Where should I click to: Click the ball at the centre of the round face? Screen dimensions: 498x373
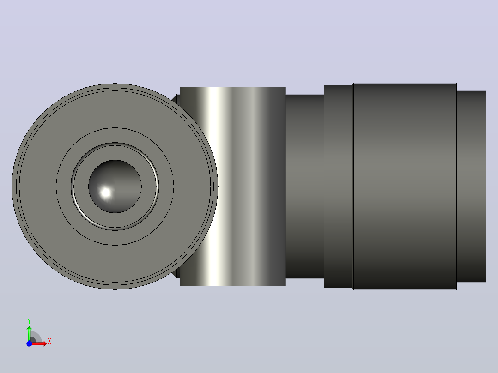point(115,186)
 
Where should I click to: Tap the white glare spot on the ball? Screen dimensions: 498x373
point(105,193)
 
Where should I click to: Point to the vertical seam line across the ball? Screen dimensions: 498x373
point(115,186)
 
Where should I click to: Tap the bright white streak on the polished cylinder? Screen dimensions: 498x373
point(215,186)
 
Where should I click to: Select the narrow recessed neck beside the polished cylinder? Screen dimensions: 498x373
point(304,186)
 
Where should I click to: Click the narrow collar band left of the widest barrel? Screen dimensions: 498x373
point(338,186)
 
